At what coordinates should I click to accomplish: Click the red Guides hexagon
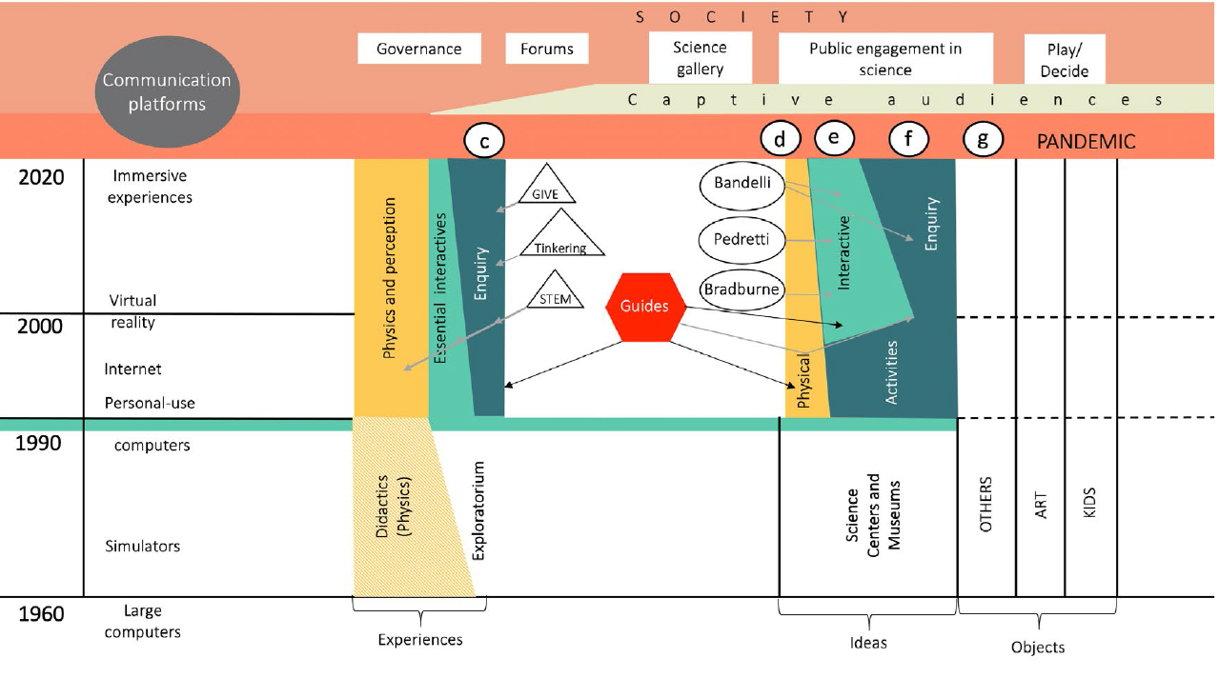click(645, 307)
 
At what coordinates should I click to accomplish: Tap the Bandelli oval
click(742, 184)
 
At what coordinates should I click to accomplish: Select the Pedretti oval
click(742, 238)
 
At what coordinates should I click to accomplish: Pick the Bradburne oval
click(742, 289)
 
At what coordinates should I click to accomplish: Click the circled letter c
click(483, 142)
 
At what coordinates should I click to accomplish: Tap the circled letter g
click(983, 141)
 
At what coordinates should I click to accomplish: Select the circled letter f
click(907, 140)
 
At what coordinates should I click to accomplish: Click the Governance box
click(418, 49)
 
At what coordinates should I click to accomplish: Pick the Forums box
click(547, 49)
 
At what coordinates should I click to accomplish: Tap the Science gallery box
click(700, 58)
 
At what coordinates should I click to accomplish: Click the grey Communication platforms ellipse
click(167, 92)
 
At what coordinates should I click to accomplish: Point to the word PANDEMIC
click(1086, 142)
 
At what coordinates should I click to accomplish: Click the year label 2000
click(40, 327)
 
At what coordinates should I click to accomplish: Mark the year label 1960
click(41, 614)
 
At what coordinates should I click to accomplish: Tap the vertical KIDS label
click(1090, 503)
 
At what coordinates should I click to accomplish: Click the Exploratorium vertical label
click(478, 510)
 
